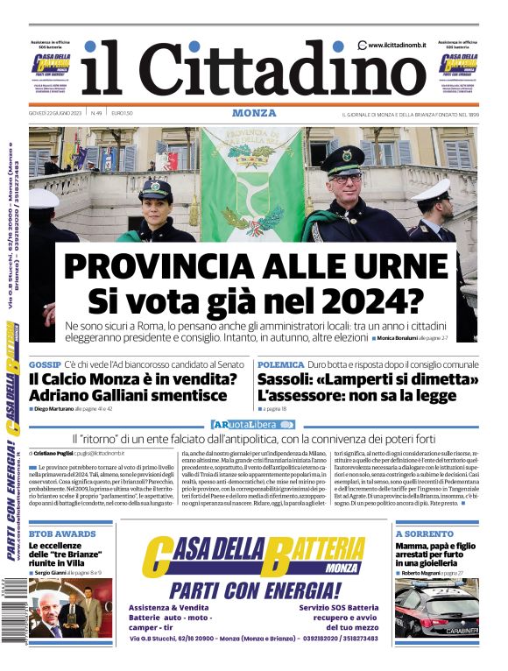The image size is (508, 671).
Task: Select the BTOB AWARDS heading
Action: click(62, 533)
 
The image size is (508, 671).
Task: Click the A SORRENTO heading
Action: click(423, 533)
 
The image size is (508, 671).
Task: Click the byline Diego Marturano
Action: click(66, 409)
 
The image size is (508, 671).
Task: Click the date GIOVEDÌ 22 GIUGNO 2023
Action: click(55, 114)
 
